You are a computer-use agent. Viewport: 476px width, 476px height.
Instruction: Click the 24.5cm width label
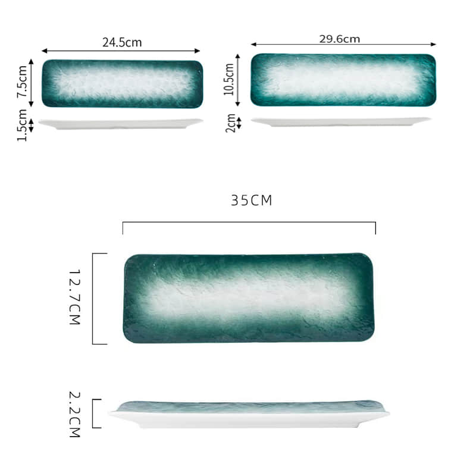pos(122,42)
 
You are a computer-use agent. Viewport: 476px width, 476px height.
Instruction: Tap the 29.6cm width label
pos(339,39)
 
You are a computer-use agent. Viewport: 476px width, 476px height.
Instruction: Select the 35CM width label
pos(251,201)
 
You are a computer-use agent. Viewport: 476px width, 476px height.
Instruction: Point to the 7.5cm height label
pos(21,83)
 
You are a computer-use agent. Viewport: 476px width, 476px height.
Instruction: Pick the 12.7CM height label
pos(75,297)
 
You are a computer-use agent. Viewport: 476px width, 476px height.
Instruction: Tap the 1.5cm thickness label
pos(21,125)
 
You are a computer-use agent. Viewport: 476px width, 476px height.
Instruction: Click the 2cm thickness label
pos(230,123)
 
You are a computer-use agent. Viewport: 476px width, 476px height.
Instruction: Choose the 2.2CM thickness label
pos(75,414)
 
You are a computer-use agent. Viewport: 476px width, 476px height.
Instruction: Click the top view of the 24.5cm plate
pos(122,83)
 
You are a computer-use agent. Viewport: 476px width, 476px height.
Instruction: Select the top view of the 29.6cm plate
pos(343,80)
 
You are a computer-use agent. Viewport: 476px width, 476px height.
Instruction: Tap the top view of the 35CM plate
pos(249,298)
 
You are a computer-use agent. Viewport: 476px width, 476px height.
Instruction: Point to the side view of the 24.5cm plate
pos(121,124)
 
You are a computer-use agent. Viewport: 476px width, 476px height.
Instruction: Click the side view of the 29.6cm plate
pos(341,121)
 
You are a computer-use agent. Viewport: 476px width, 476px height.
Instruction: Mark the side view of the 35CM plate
pos(249,414)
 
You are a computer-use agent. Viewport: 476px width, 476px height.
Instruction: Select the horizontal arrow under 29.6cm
pos(343,44)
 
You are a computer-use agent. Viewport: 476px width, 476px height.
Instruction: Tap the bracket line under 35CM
pos(249,223)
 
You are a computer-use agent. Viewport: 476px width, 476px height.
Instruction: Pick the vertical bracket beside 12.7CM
pos(94,298)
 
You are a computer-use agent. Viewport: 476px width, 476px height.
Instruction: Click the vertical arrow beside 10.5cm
pos(238,80)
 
